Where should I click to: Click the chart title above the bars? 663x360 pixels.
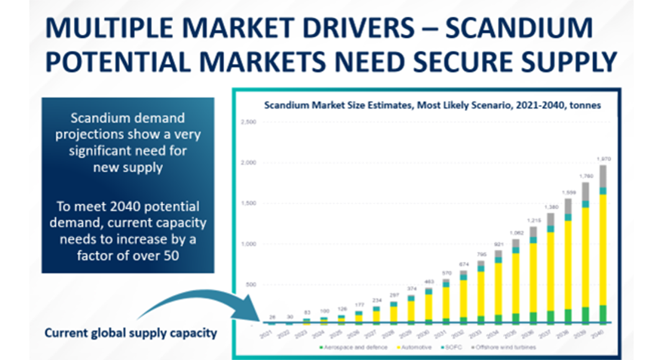(x=432, y=106)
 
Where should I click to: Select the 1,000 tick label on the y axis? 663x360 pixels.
(x=247, y=244)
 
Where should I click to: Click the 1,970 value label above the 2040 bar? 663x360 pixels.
(x=603, y=159)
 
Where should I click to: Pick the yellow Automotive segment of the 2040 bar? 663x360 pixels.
(x=603, y=248)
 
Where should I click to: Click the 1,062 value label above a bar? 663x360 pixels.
(x=516, y=233)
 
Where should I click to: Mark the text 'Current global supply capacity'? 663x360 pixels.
(x=130, y=333)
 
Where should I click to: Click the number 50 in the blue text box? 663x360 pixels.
(x=172, y=254)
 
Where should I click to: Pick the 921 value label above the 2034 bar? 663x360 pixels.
(x=498, y=245)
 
